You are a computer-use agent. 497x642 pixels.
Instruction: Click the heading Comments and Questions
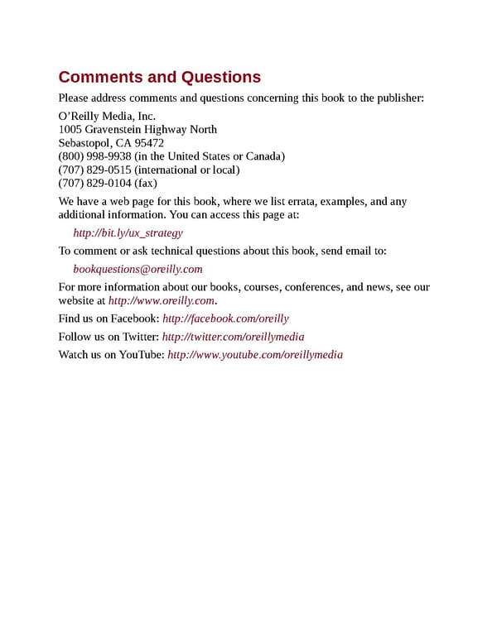159,77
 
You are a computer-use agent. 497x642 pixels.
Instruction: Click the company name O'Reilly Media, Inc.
107,116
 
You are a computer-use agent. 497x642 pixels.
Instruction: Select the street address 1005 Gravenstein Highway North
138,129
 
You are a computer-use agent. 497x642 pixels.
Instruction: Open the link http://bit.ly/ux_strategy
128,233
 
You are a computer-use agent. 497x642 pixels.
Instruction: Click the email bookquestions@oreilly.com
138,269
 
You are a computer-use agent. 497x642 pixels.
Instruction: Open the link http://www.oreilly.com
162,300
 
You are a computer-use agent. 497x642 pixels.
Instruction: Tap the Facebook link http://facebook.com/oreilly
225,319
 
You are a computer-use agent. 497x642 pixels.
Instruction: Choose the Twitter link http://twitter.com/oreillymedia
233,337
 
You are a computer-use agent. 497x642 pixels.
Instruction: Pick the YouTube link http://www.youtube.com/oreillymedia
254,355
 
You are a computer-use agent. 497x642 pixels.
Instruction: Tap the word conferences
314,287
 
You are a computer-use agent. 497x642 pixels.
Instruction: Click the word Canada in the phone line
266,156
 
